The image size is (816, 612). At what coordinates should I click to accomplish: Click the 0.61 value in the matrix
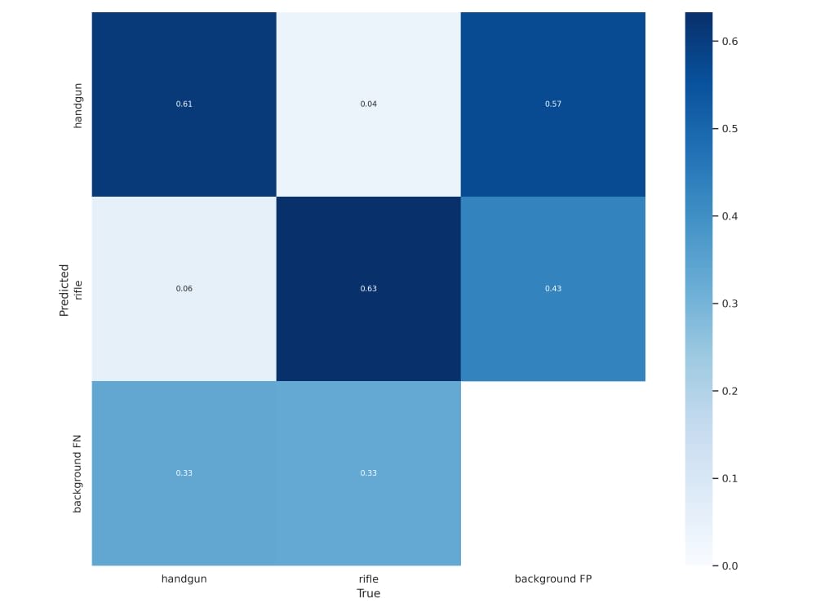(x=184, y=104)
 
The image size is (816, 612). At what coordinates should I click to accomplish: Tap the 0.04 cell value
(x=369, y=104)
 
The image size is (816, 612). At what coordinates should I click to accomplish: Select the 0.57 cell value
(x=553, y=104)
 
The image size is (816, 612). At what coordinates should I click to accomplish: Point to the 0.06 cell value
(x=184, y=288)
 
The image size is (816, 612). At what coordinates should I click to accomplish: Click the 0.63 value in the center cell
(x=369, y=288)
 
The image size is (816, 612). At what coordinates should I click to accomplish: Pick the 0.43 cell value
(x=553, y=288)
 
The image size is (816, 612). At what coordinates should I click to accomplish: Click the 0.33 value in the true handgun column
(x=184, y=473)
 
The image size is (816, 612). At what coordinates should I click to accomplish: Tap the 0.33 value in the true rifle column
(x=369, y=473)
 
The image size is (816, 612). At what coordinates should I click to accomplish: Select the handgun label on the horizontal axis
(x=184, y=579)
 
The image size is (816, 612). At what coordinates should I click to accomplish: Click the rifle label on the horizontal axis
(x=369, y=579)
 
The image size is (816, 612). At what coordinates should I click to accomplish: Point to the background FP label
(x=553, y=579)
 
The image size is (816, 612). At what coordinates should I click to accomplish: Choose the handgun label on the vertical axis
(x=78, y=105)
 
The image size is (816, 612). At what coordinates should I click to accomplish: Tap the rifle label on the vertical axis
(x=78, y=290)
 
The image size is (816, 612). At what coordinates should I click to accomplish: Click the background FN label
(x=78, y=473)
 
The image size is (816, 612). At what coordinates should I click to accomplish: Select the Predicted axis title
(x=64, y=290)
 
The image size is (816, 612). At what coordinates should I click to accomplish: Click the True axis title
(x=369, y=593)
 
